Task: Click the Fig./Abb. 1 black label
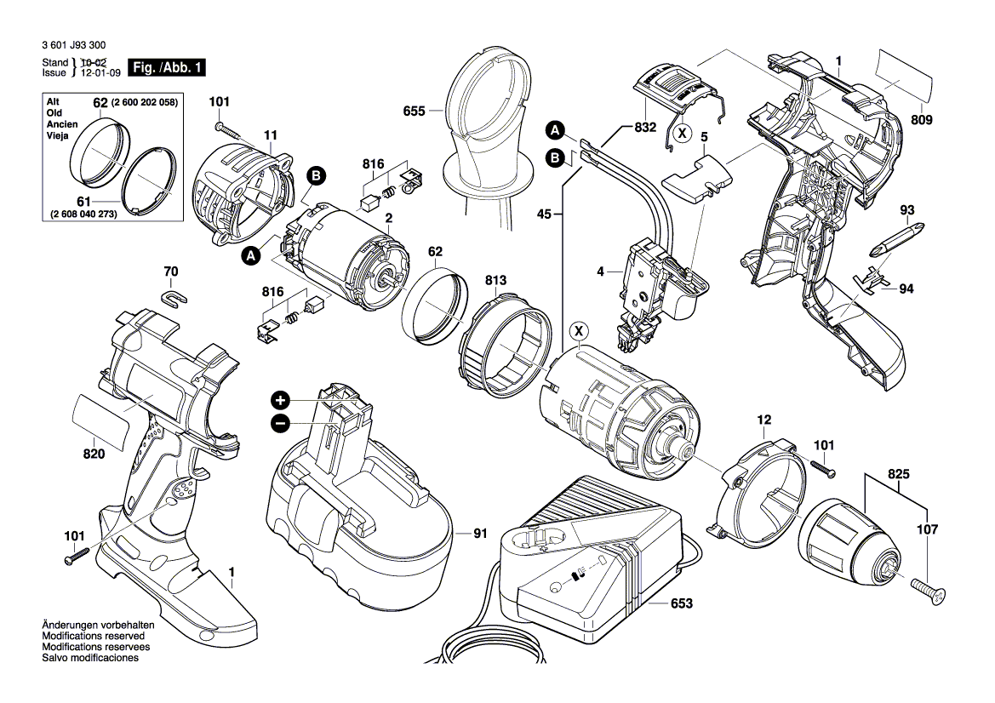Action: click(x=166, y=67)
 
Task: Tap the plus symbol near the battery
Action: click(x=280, y=400)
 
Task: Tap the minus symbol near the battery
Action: click(x=280, y=423)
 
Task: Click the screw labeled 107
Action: click(x=928, y=591)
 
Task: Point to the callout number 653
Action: click(x=681, y=603)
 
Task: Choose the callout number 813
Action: click(x=496, y=280)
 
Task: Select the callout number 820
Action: click(x=94, y=454)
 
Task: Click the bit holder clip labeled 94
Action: click(x=869, y=278)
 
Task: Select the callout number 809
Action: click(x=922, y=120)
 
